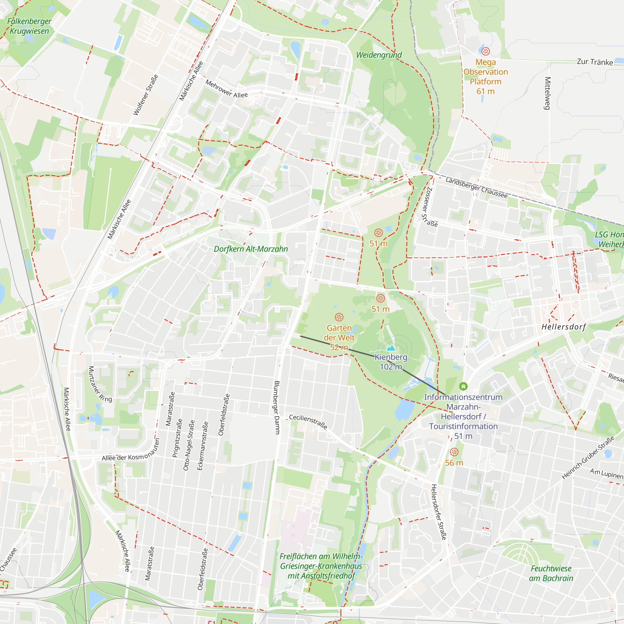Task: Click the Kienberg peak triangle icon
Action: click(x=391, y=348)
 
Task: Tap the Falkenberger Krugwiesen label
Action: click(x=29, y=26)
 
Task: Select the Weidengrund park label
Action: click(x=379, y=55)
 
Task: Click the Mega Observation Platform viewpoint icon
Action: click(x=485, y=51)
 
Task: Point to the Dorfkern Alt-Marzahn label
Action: click(x=251, y=249)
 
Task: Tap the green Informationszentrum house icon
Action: click(x=463, y=386)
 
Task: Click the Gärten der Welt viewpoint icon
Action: click(x=339, y=317)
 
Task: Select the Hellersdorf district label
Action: click(x=563, y=327)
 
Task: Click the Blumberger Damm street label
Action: click(x=277, y=407)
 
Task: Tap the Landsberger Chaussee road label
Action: click(x=476, y=188)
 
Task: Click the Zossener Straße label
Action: click(x=430, y=207)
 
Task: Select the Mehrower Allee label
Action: click(x=227, y=89)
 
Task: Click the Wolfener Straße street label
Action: click(x=146, y=95)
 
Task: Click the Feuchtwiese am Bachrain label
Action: click(x=551, y=573)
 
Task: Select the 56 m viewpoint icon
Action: click(x=454, y=452)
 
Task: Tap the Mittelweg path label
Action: click(x=547, y=93)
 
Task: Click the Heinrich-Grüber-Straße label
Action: click(x=588, y=458)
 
